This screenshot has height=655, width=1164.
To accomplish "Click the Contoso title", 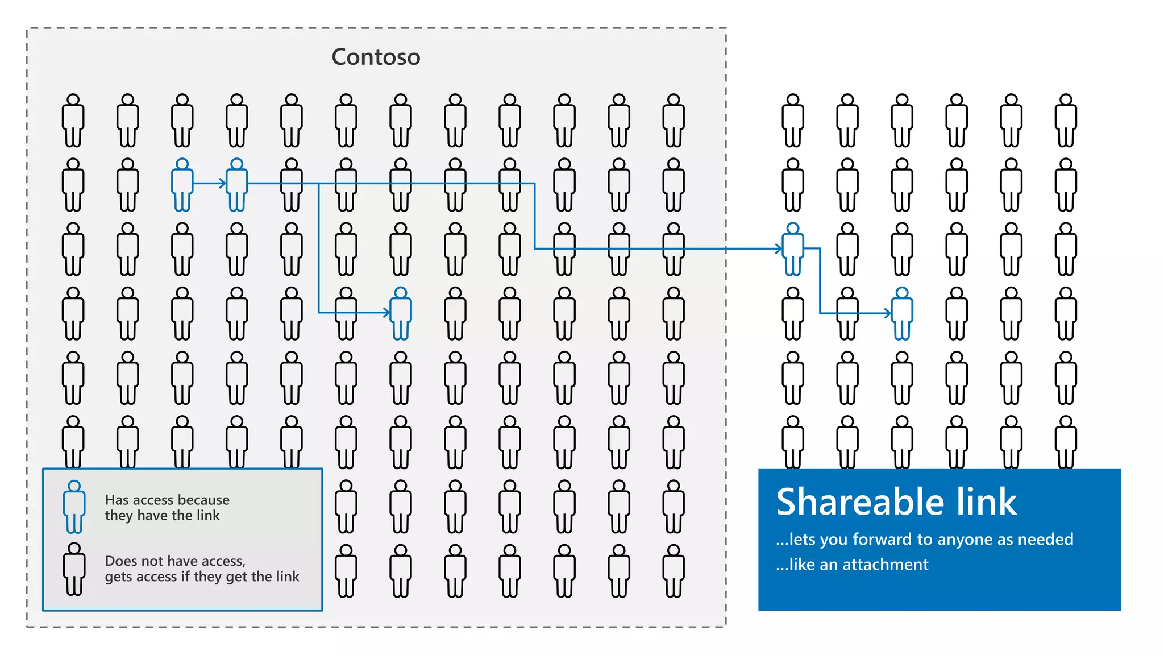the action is point(376,57).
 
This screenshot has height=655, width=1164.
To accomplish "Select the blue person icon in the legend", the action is point(74,507).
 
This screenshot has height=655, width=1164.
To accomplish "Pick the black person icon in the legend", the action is point(74,569).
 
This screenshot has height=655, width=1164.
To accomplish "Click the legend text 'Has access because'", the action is point(167,500).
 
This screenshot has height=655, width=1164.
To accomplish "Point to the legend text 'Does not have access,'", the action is point(175,561).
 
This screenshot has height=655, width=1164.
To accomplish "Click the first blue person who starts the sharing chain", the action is point(182,185).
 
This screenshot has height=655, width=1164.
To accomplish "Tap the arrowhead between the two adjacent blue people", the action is point(223,184).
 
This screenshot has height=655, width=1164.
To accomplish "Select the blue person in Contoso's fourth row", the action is point(401,313).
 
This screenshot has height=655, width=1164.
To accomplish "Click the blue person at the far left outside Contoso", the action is point(793,249).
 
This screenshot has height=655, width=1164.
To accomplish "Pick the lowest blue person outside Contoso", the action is point(902,313).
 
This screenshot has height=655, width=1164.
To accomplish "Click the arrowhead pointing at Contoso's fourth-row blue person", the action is point(386,312).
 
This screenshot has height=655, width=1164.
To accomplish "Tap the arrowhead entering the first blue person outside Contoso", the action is point(779,248).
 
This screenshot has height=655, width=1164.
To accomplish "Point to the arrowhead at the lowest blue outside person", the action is point(888,313).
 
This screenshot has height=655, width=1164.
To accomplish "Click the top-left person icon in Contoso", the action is point(73,121).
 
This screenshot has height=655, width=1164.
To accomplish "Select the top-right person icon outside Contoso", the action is point(1066,121).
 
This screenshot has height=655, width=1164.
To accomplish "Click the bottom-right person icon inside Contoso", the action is point(674,571).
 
